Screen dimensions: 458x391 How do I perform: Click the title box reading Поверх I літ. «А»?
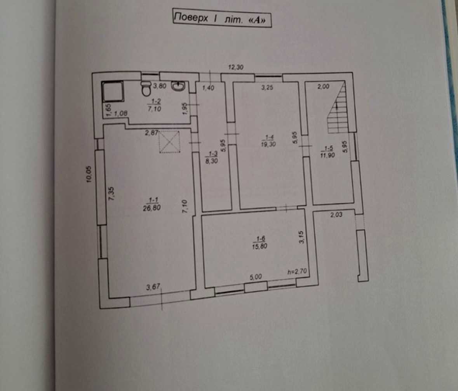coord(222,18)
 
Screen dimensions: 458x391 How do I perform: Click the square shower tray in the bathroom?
coord(113,91)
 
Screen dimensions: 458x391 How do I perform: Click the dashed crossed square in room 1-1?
coord(169,142)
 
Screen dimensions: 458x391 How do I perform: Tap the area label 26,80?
coord(152,208)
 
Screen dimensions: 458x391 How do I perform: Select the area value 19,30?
coord(268,144)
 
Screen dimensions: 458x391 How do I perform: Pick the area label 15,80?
coord(259,247)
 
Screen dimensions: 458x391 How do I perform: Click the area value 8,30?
coord(211,161)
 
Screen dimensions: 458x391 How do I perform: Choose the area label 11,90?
coord(327,155)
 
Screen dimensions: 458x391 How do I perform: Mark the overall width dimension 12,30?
coord(236,67)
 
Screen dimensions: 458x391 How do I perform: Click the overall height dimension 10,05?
coord(89,174)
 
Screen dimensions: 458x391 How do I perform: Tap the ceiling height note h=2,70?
coord(297,272)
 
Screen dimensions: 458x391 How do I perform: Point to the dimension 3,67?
coord(153,287)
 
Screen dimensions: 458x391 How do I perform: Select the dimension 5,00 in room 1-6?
coord(256,277)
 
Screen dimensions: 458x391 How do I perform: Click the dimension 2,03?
coord(336,215)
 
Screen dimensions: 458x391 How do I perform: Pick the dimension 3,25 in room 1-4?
coord(267,87)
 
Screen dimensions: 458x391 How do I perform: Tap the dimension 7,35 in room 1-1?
coord(111,194)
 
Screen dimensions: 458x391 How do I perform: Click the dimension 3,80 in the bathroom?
coord(160,86)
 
